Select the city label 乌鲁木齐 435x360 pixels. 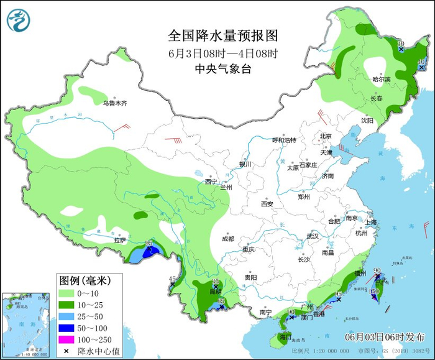point(114,103)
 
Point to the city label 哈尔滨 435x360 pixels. point(381,80)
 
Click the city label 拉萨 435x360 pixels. point(120,240)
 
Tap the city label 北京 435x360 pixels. point(326,136)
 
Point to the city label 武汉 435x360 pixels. point(312,236)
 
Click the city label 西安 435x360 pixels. point(267,203)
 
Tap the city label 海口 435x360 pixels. point(285,336)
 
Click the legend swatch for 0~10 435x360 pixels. point(68,293)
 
